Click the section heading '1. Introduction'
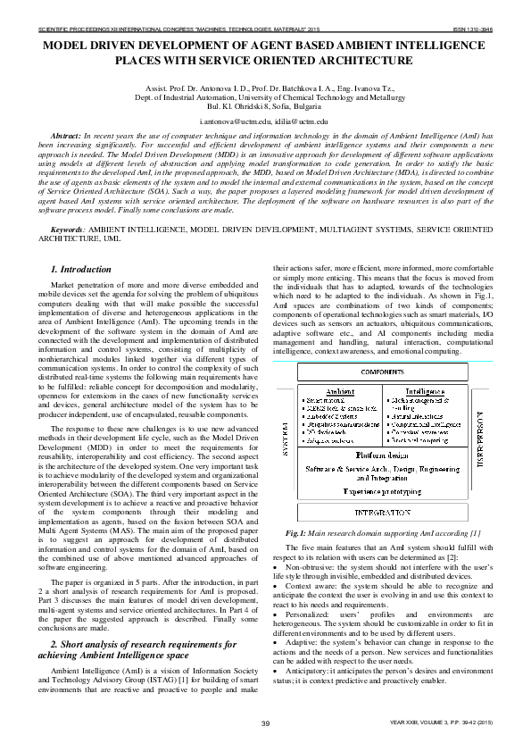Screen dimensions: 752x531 point(81,269)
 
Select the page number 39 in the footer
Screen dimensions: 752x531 point(265,723)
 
